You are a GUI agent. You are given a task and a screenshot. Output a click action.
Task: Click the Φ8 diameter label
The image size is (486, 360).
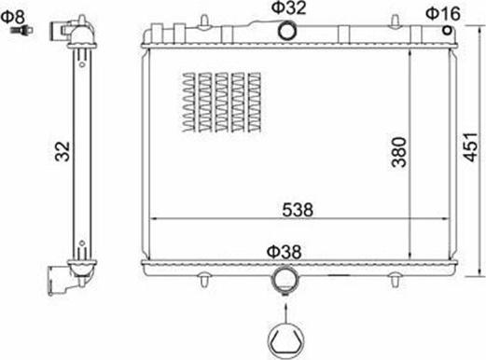click(x=17, y=16)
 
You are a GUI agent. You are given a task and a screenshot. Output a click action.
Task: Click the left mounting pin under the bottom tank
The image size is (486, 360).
click(x=203, y=278)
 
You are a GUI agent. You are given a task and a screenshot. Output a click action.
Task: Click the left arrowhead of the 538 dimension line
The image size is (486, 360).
click(x=156, y=219)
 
